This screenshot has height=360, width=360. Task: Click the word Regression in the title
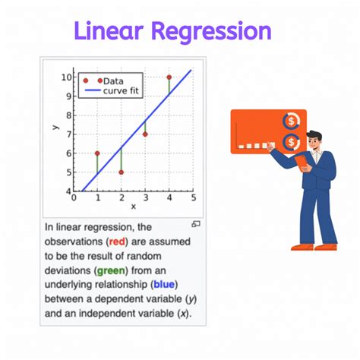[211, 32]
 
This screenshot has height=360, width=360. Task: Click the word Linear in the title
[109, 30]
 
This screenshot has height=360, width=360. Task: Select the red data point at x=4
[169, 77]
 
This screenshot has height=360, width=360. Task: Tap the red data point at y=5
[121, 172]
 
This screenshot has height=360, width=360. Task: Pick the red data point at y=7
[145, 134]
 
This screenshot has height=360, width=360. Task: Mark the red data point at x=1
[97, 153]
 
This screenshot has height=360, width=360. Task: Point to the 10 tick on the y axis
[67, 77]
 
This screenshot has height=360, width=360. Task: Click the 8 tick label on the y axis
[69, 115]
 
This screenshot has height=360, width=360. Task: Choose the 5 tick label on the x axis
[194, 197]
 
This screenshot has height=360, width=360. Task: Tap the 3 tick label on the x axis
[146, 197]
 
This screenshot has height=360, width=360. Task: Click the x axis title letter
[134, 207]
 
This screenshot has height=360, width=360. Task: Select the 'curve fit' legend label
[121, 90]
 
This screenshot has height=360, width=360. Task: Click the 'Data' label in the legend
[113, 81]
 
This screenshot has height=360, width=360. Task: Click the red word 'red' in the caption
[117, 242]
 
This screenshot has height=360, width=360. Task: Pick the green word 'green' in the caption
[111, 271]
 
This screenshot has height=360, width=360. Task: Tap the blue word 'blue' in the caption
[164, 285]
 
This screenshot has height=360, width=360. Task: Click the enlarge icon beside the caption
[196, 224]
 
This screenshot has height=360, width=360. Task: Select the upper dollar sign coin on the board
[292, 121]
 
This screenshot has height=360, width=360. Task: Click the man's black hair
[314, 135]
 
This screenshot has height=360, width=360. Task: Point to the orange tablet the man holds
[302, 163]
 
